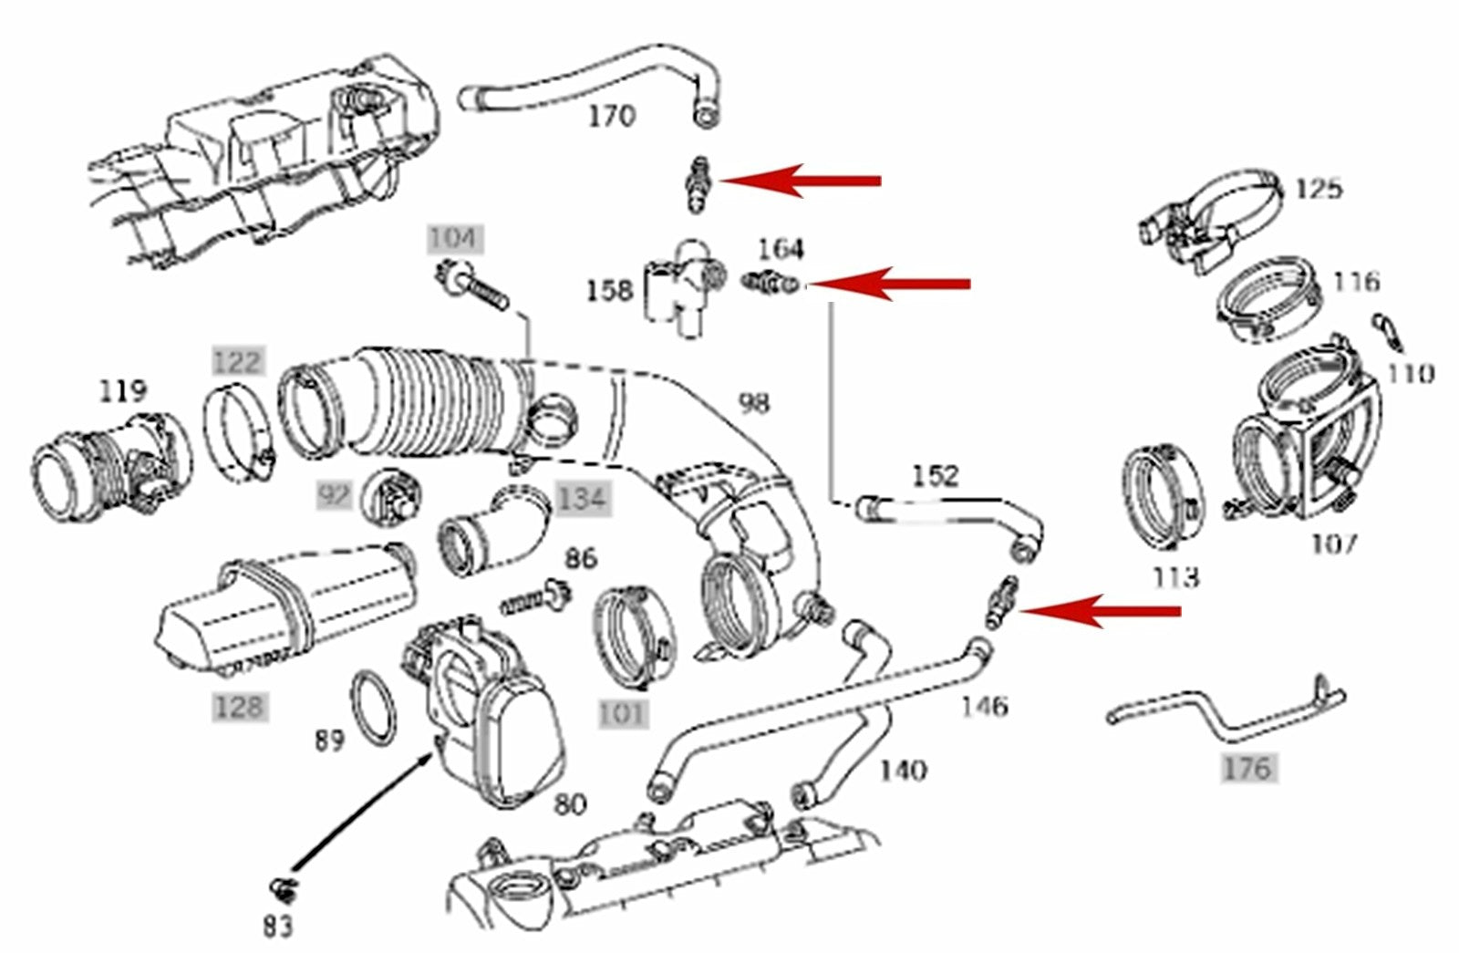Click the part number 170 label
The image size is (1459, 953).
611,118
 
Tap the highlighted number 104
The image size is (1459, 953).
453,239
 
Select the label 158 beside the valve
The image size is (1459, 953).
609,291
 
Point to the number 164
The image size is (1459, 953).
781,249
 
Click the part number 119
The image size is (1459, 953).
122,391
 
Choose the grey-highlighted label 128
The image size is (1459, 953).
239,707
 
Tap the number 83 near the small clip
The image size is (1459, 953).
277,927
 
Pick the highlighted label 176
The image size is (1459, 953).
1247,768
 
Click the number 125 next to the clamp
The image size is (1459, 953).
1318,189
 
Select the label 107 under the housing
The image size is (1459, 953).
1334,544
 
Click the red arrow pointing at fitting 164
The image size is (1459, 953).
889,284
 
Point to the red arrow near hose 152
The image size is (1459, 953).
1099,611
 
